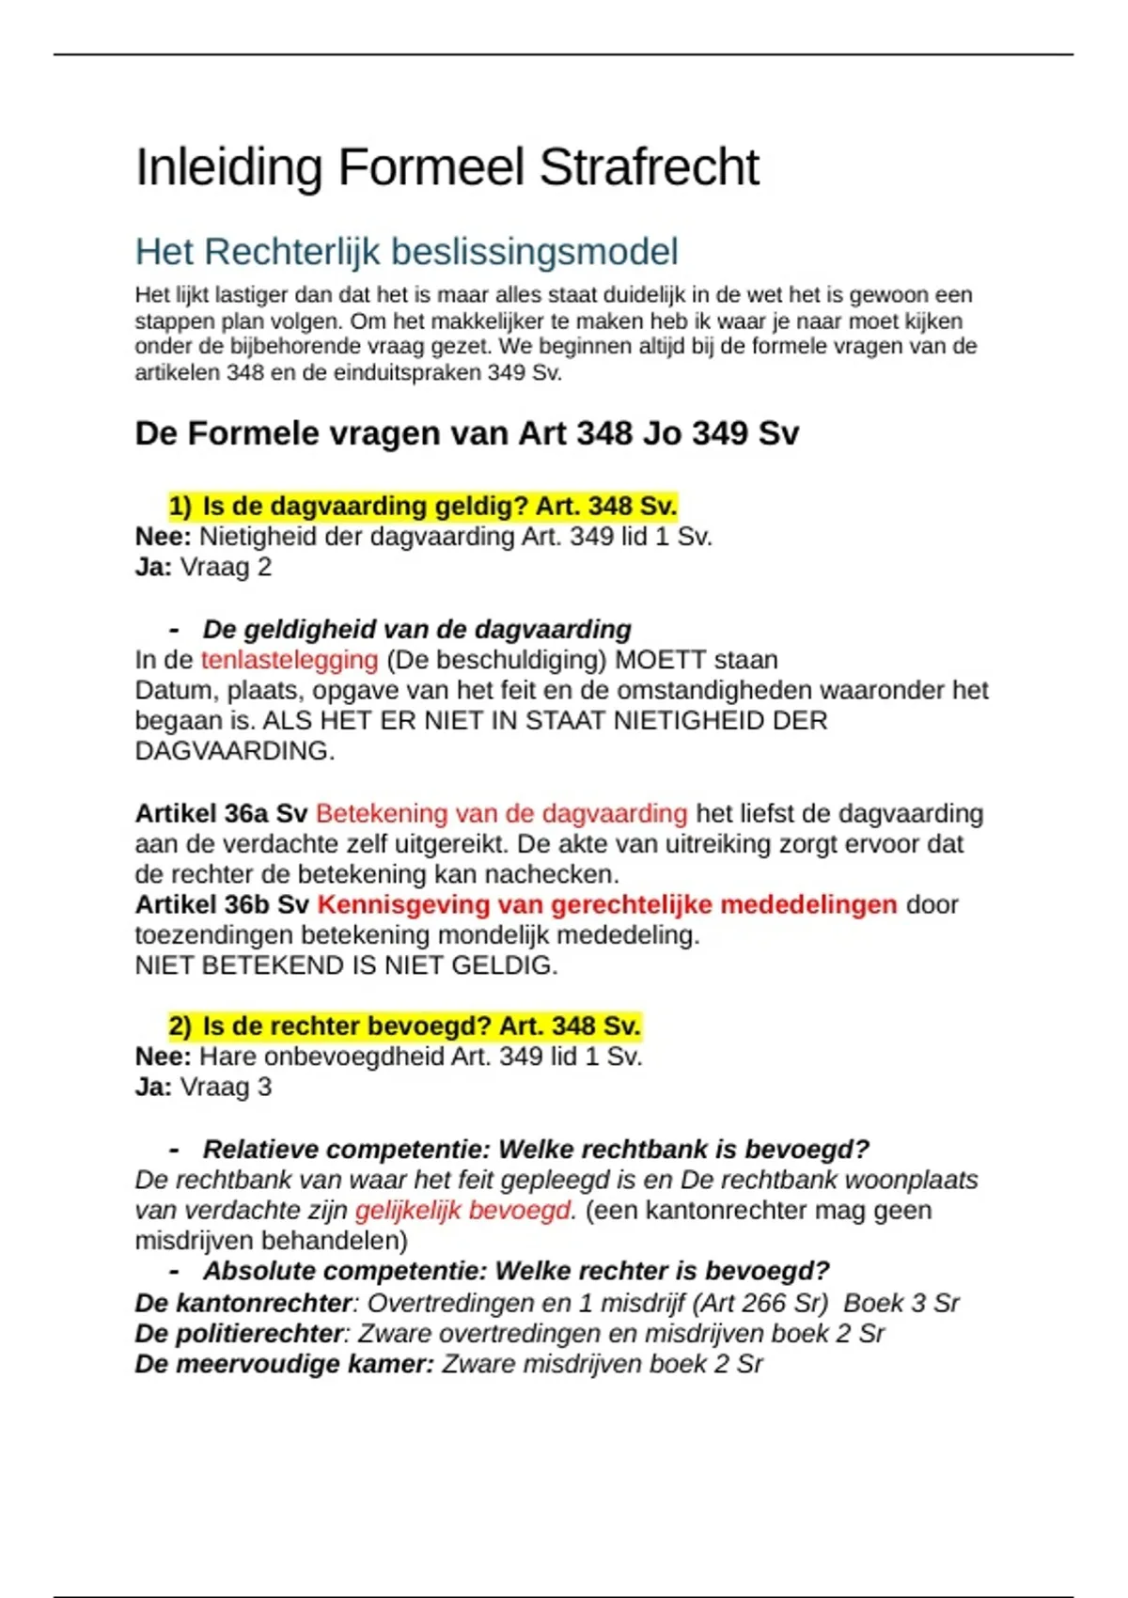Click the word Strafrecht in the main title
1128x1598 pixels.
[649, 167]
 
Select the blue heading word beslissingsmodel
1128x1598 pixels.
[534, 252]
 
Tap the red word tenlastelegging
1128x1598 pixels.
[290, 660]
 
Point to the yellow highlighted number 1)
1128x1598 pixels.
[180, 507]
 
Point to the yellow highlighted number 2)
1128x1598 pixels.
[180, 1026]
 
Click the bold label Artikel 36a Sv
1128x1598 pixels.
[221, 814]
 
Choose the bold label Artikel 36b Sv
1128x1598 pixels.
[222, 905]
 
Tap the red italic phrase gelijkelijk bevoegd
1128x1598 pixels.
[462, 1211]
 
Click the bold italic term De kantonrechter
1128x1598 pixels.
[243, 1304]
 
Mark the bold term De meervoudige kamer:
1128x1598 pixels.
[284, 1364]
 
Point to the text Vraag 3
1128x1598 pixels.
[226, 1088]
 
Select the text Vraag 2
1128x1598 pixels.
[226, 568]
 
